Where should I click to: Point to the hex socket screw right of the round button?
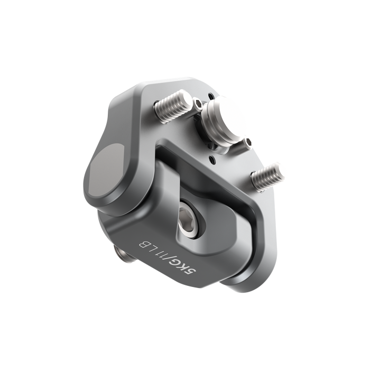pos(247,143)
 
